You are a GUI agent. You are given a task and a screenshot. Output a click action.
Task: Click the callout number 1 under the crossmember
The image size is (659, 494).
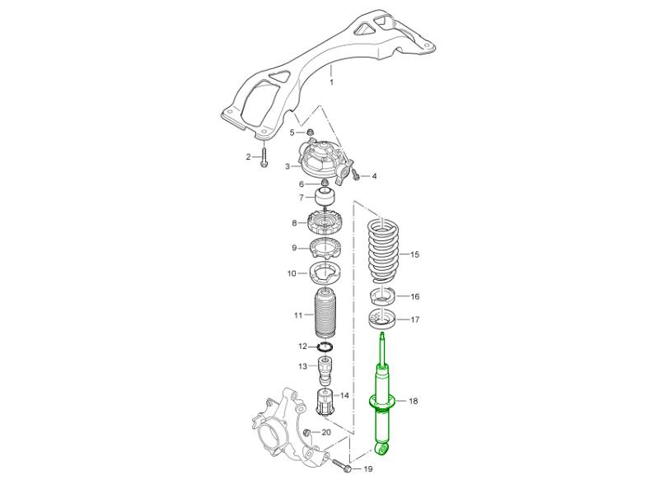coord(331,82)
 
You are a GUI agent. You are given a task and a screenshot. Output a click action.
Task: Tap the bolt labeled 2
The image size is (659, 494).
coord(264,156)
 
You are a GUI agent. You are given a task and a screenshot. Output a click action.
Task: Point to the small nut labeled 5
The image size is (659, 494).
coord(311,133)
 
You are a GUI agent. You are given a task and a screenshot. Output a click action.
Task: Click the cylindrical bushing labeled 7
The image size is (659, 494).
coord(325,197)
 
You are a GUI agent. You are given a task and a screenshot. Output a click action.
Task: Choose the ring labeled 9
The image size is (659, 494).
coord(325,249)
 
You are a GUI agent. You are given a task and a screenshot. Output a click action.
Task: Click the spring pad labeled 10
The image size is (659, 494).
coord(325,273)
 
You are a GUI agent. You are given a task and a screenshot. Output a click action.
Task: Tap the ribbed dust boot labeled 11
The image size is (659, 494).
coord(324,314)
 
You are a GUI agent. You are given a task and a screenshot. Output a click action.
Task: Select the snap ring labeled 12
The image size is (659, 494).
coord(325,347)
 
